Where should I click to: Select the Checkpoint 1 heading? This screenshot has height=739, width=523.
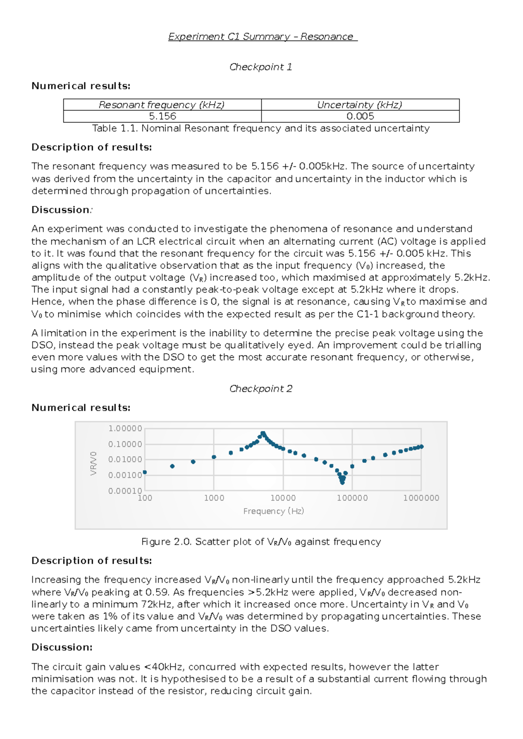click(261, 67)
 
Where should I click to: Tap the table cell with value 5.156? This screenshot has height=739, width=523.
click(163, 116)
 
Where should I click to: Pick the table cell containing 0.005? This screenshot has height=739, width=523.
click(360, 116)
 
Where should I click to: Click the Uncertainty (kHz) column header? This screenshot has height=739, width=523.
click(360, 105)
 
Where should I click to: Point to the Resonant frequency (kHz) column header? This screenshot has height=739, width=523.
click(162, 105)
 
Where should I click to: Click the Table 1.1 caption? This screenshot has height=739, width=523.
click(261, 128)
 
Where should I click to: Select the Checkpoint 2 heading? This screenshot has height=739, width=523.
click(261, 389)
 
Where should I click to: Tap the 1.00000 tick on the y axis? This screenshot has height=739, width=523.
click(125, 429)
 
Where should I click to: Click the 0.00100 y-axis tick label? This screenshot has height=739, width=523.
click(125, 475)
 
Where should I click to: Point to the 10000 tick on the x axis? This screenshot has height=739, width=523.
click(283, 498)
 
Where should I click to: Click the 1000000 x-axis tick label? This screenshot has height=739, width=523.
click(421, 498)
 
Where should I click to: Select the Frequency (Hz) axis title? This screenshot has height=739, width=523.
click(273, 511)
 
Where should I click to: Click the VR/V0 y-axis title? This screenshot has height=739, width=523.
click(93, 463)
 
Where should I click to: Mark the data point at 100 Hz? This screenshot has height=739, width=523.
click(145, 472)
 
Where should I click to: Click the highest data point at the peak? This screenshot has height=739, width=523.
click(263, 433)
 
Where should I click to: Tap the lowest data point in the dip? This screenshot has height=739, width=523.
click(342, 483)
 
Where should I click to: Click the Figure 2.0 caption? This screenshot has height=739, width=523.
click(261, 542)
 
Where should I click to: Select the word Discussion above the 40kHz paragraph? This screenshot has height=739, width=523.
click(61, 647)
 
